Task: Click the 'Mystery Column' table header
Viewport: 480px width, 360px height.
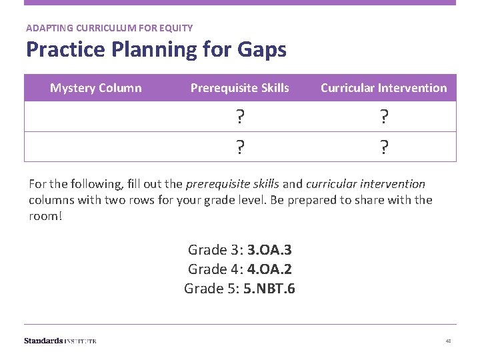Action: coord(96,87)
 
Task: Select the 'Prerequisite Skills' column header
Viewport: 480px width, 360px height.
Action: coord(239,87)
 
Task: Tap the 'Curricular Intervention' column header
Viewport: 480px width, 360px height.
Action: coord(383,87)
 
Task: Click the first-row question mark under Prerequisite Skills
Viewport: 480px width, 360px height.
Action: coord(239,117)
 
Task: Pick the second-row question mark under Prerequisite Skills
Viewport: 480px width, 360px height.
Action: coord(239,147)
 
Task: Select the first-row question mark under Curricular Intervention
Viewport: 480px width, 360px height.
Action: coord(383,117)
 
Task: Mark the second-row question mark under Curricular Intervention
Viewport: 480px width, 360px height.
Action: coord(383,147)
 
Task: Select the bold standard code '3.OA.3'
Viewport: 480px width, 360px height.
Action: coord(269,250)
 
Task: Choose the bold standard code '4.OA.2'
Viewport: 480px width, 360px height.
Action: coord(269,270)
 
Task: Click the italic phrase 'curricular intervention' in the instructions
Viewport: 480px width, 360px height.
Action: coord(365,183)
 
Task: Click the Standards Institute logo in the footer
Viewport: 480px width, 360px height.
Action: coord(60,341)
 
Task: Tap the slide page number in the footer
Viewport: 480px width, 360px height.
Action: coord(448,341)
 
